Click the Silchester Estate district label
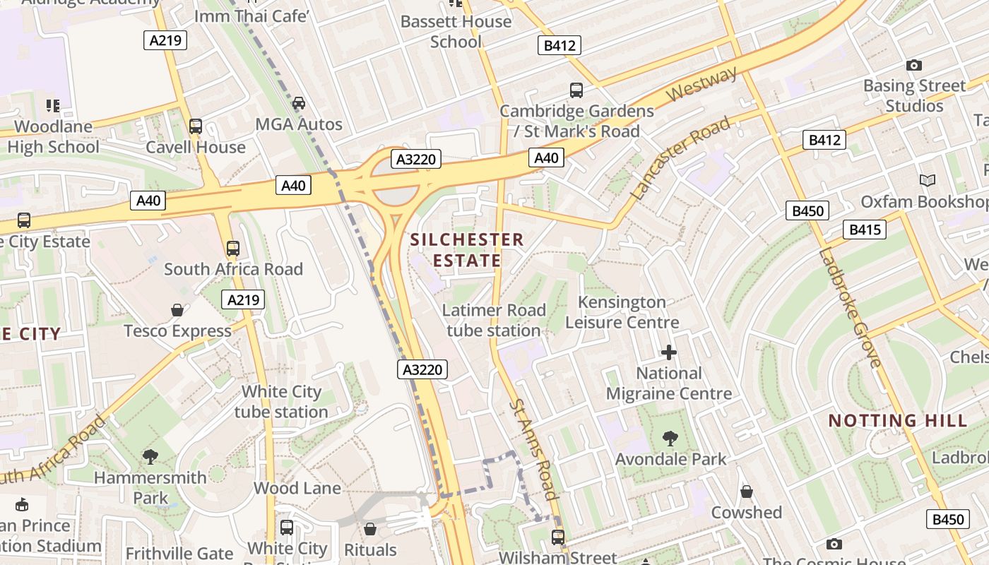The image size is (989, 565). (x=467, y=250)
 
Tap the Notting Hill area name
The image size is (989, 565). (x=897, y=421)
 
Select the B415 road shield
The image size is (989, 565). (x=864, y=230)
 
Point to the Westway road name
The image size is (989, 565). (x=701, y=84)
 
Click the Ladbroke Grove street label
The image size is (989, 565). (x=851, y=309)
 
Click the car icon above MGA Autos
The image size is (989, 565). (x=299, y=103)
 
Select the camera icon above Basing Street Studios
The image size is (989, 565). (x=914, y=66)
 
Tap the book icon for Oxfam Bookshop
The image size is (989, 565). (x=928, y=181)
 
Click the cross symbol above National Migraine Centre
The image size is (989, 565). (x=668, y=352)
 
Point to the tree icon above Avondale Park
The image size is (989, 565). (x=670, y=439)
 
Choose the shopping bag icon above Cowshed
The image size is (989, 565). (x=747, y=492)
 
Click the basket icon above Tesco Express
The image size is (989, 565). (x=177, y=310)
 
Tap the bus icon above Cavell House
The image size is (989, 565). (x=196, y=126)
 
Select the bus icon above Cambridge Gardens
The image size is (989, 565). (x=576, y=90)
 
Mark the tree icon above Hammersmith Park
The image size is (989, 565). (x=150, y=457)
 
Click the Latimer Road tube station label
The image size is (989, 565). (x=494, y=320)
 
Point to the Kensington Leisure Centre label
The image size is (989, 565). (x=622, y=312)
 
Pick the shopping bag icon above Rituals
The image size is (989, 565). (x=370, y=529)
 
